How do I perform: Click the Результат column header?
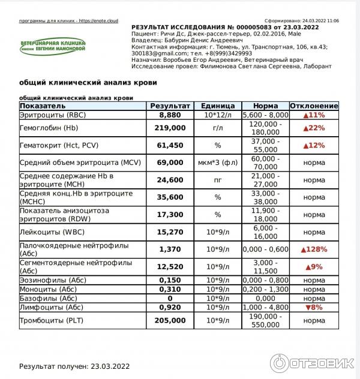coord(170,106)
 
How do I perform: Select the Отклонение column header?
coord(314,106)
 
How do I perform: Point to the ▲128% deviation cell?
coord(314,249)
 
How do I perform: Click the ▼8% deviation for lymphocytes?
coord(314,307)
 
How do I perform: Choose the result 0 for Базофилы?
coord(170,298)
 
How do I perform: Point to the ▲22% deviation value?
coord(314,128)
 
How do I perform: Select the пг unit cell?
coord(218,179)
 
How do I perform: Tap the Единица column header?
coord(218,106)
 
